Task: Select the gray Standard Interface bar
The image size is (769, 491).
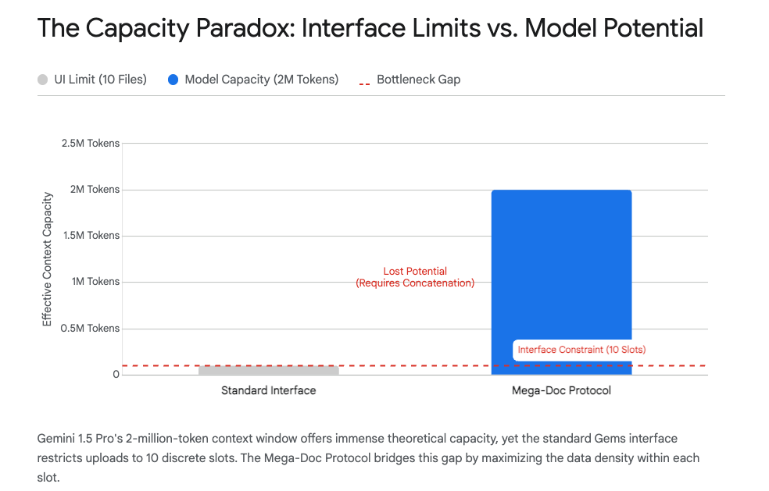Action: pos(268,370)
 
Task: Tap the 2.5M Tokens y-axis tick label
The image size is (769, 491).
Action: pos(91,144)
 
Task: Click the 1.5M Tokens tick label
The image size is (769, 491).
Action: pos(91,236)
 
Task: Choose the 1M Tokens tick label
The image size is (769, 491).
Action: pos(96,282)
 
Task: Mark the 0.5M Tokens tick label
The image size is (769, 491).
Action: pos(91,329)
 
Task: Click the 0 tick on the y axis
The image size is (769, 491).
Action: pos(116,375)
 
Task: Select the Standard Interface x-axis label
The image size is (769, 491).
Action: pos(268,390)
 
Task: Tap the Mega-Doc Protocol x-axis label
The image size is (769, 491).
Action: pos(561,390)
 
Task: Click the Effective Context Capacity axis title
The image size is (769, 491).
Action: pos(47,258)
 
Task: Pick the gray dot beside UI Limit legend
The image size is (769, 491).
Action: pos(43,80)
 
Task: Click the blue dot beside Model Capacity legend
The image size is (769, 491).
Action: pos(173,80)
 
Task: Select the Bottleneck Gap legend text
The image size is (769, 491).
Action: pos(418,80)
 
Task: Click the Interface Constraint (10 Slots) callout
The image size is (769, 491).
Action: pos(581,350)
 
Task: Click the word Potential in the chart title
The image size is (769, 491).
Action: pos(653,29)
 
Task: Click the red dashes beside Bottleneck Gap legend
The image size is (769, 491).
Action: pos(364,81)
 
